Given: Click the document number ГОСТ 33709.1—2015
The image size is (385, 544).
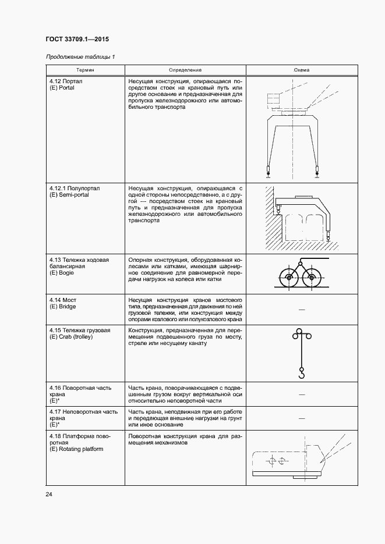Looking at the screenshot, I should pos(77,40).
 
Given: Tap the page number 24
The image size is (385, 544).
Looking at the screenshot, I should pos(49,494).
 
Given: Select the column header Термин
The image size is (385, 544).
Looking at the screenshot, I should pos(85,70).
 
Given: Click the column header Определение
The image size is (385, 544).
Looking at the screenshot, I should pos(185,70).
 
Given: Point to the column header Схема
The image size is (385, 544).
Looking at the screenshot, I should pos(302,70).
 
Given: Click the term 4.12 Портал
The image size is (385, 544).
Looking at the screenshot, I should pos(65,81).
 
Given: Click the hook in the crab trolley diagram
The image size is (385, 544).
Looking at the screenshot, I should pos(301,374).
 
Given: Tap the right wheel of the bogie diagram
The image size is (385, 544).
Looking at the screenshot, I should pos(312,278).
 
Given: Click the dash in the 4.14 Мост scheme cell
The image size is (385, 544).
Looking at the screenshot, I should pos(302,310).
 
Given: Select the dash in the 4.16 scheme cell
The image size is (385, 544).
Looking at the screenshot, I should pos(302,394).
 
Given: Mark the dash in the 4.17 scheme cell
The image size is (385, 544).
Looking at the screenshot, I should pos(302,418).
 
